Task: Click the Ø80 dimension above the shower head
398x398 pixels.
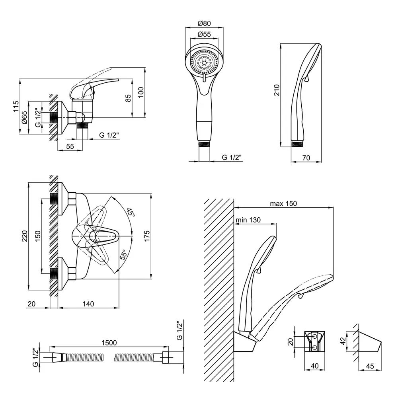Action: pyautogui.click(x=204, y=23)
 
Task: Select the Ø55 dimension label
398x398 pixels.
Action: pyautogui.click(x=204, y=34)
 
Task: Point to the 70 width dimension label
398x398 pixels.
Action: pyautogui.click(x=306, y=158)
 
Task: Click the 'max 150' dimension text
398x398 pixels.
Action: pyautogui.click(x=283, y=203)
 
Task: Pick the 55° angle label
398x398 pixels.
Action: pyautogui.click(x=124, y=254)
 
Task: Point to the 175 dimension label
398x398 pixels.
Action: pyautogui.click(x=147, y=237)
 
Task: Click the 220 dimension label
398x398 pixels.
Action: pyautogui.click(x=24, y=237)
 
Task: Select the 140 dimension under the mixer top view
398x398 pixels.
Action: pyautogui.click(x=88, y=304)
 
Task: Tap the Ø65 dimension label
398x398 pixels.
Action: pyautogui.click(x=24, y=118)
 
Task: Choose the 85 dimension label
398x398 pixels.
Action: pyautogui.click(x=128, y=98)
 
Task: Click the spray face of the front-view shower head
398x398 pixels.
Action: pyautogui.click(x=204, y=62)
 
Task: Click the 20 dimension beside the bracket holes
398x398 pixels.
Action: pyautogui.click(x=291, y=341)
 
